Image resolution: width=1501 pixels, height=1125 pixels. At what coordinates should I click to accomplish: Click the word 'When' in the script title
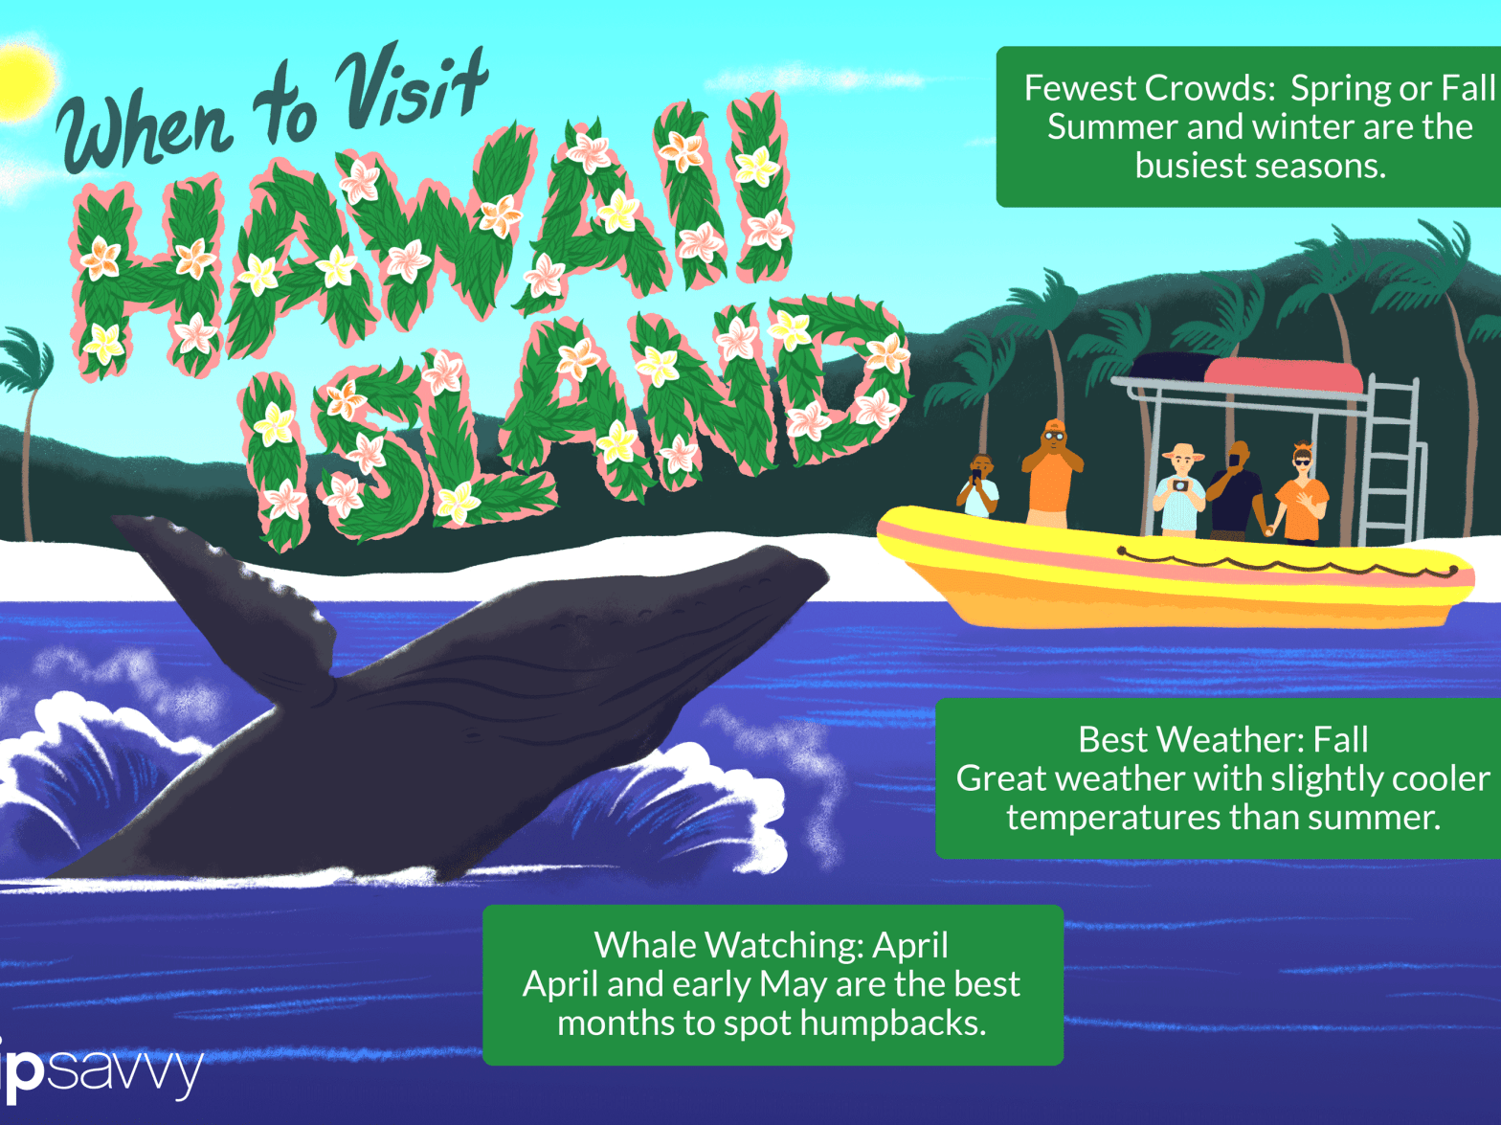(x=146, y=133)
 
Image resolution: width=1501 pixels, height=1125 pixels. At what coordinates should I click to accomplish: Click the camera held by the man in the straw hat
(x=1179, y=484)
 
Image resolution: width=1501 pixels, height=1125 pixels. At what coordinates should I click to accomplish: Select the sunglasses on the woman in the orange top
(x=1302, y=462)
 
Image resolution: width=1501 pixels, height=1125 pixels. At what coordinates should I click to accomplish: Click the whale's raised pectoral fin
(x=226, y=602)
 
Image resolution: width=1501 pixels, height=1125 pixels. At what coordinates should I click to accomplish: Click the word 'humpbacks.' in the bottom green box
(x=893, y=1024)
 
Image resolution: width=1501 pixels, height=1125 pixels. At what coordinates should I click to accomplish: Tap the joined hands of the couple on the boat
(x=1270, y=529)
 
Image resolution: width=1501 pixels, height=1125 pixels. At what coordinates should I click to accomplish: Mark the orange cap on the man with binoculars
(x=1055, y=425)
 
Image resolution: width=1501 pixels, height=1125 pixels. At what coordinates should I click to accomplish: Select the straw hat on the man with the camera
(x=1181, y=452)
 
